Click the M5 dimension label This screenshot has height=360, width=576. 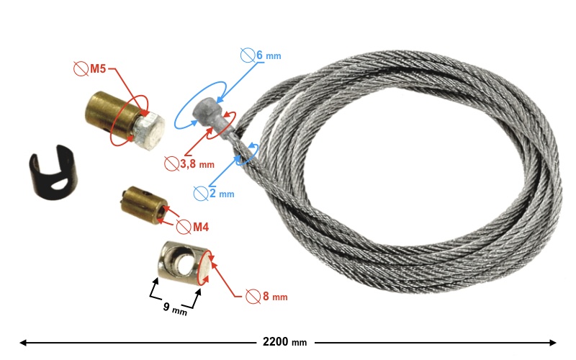pos(99,70)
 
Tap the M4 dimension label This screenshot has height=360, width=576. pos(200,228)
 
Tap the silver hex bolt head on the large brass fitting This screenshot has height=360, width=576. pos(150,132)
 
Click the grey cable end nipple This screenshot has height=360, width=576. pos(208,115)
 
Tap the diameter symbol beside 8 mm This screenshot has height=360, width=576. pos(253,296)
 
